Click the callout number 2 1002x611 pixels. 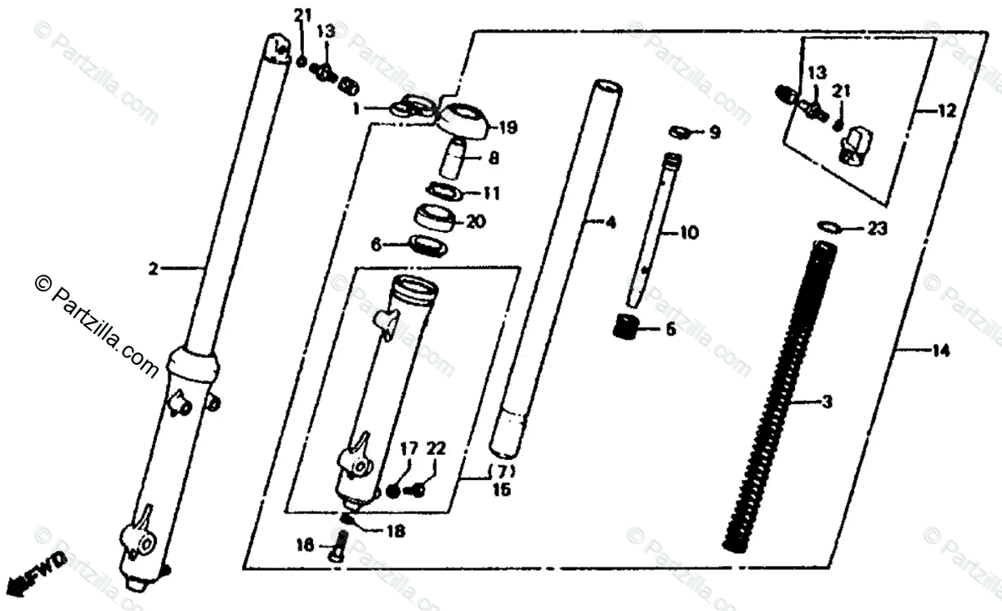click(x=153, y=269)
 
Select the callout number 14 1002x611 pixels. click(x=941, y=351)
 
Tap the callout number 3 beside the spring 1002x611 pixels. click(x=827, y=403)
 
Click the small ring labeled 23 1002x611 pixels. click(x=828, y=226)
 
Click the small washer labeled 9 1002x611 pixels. click(x=681, y=131)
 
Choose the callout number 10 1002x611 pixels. click(x=689, y=234)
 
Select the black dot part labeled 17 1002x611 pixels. click(x=394, y=492)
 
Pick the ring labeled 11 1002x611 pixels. click(x=443, y=192)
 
